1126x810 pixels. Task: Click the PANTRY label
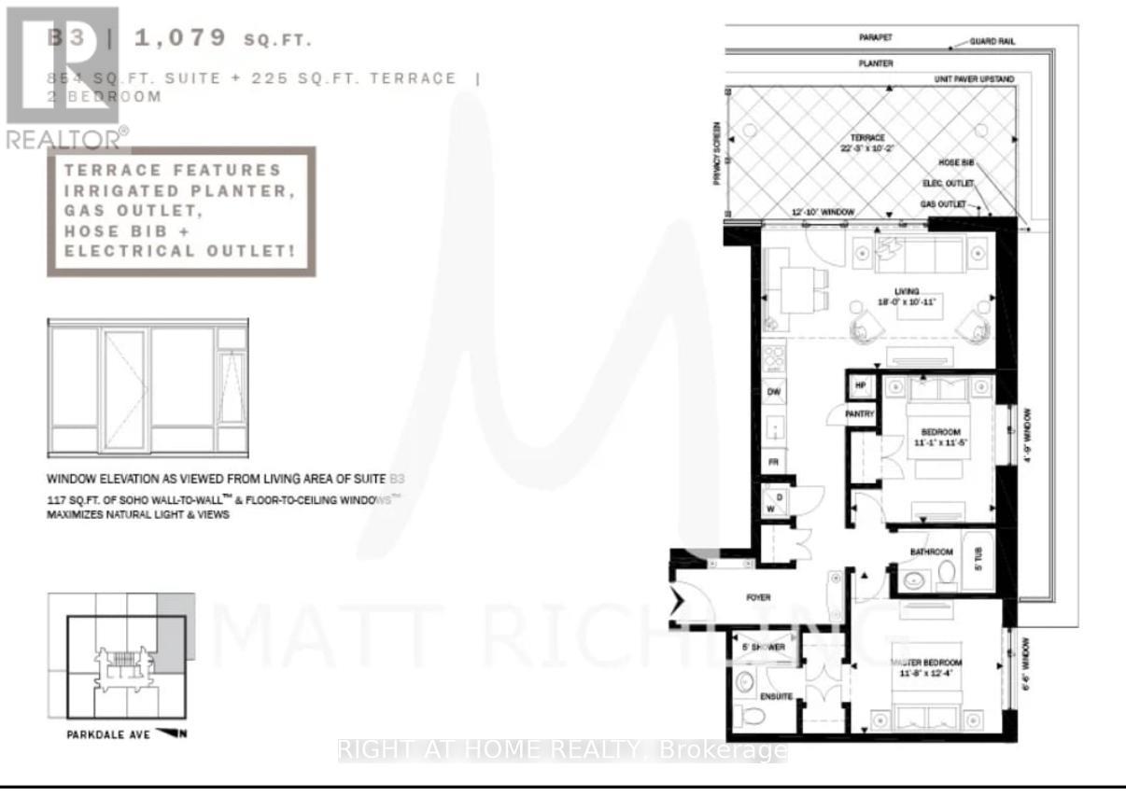[x=859, y=413]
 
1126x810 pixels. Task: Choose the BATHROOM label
[x=932, y=552]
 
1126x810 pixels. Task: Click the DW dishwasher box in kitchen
[x=773, y=393]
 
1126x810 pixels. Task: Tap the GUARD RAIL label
[x=993, y=42]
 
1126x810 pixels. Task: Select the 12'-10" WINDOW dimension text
[x=823, y=213]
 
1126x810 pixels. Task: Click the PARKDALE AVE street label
[x=103, y=734]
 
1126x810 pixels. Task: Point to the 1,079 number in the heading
[x=181, y=38]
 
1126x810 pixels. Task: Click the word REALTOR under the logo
[x=62, y=139]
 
